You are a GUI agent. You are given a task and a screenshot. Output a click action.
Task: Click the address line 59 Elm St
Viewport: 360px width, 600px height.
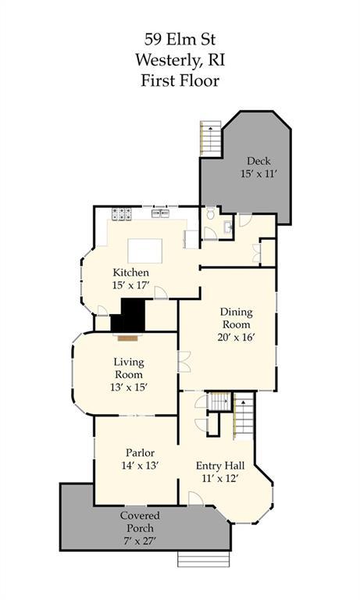point(180,39)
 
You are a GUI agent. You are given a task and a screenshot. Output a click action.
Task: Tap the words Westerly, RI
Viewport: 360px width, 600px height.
point(180,60)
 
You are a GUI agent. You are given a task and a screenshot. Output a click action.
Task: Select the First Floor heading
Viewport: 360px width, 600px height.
point(180,80)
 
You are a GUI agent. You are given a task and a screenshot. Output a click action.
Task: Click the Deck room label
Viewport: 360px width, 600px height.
point(258,161)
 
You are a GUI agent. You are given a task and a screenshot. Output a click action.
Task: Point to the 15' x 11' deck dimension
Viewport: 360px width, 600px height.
point(258,173)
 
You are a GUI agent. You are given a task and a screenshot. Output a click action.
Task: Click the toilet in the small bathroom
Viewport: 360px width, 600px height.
point(210,213)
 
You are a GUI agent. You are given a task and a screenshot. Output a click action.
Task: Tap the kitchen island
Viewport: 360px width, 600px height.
point(144,251)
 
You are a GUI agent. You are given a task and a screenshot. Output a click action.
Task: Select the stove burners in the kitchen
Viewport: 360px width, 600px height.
point(122,213)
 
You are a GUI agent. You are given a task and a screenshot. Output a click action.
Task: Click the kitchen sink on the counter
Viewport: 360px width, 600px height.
point(160,213)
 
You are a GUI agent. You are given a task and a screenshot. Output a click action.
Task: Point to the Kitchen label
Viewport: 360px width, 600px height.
point(131,273)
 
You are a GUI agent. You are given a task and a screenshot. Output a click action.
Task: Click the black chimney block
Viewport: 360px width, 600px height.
point(128,316)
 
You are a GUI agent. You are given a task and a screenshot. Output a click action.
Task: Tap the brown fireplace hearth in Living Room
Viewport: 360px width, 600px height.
point(128,338)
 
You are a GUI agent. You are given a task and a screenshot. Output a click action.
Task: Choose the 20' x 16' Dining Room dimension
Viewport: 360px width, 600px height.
point(237,337)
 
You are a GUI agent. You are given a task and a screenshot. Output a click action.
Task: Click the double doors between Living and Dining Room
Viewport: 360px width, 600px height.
point(184,362)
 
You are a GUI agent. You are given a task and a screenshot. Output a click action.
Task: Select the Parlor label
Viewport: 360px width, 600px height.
point(140,453)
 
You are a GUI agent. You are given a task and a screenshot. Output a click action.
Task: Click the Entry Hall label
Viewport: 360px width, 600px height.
point(220,466)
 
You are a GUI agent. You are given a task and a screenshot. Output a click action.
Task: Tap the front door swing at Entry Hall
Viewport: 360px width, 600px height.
point(195,498)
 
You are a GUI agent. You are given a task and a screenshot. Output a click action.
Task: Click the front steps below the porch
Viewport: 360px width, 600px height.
point(204,559)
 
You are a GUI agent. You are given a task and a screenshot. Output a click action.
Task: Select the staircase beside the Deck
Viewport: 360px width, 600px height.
point(211,138)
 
